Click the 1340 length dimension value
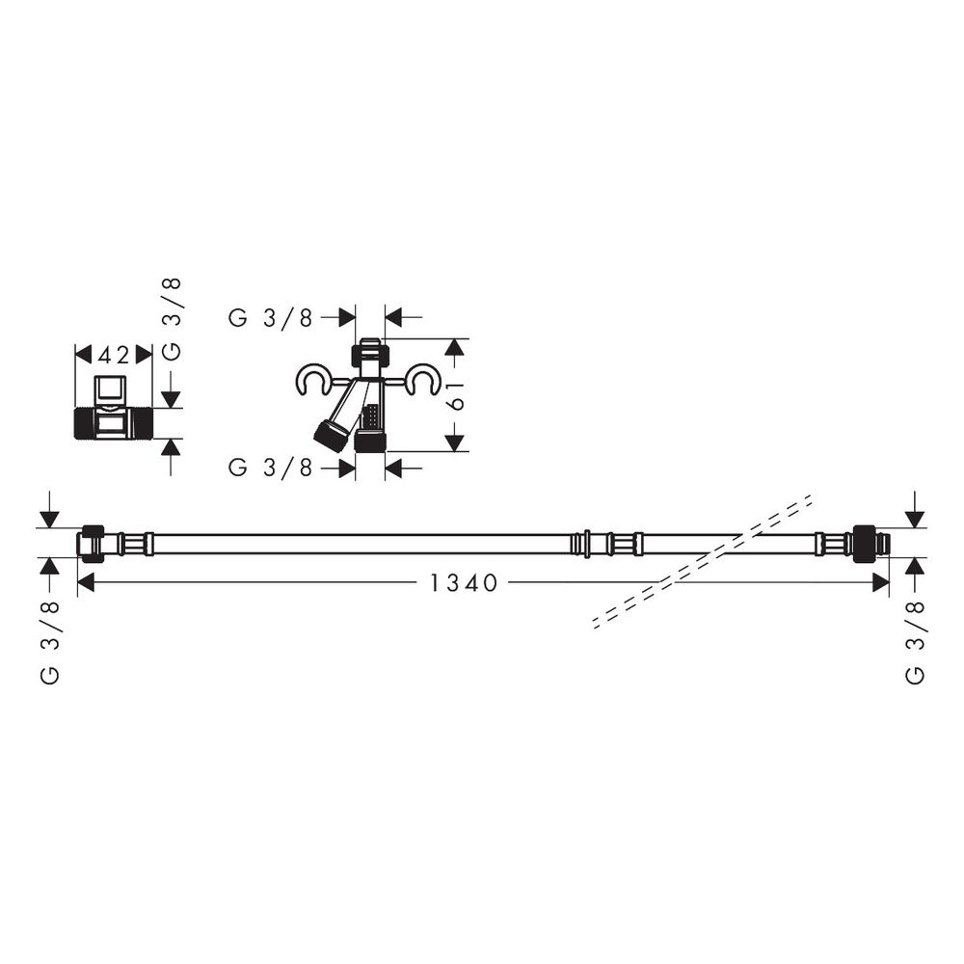click(x=463, y=583)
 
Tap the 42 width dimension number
click(x=114, y=355)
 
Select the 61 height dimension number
click(x=457, y=394)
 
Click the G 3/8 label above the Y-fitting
click(x=271, y=318)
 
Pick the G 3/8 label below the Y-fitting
click(x=271, y=469)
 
